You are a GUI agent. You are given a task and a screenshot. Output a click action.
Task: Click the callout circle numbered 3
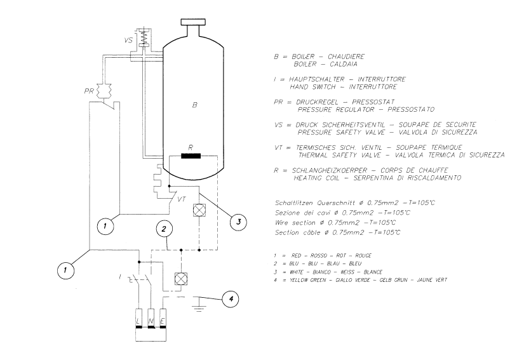239,222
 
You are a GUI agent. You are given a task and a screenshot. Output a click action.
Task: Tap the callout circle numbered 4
231,299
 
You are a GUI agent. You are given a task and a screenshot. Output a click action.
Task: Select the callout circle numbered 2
164,229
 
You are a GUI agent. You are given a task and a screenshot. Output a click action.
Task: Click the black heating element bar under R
191,156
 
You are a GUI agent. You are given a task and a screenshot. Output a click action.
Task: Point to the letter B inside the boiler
194,105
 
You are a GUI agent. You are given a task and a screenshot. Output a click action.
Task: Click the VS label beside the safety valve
128,41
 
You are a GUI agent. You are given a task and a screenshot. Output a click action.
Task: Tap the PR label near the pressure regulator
89,91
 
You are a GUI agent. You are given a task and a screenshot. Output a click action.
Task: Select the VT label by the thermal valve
182,199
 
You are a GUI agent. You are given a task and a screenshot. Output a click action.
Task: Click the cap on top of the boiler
194,22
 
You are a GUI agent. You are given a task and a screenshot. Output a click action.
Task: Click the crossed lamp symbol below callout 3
199,210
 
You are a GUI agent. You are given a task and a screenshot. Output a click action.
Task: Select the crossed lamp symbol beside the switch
180,279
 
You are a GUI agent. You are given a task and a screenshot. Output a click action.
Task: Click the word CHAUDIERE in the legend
346,57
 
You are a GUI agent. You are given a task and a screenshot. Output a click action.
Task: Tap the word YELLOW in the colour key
299,280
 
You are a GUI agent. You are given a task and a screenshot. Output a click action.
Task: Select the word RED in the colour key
296,255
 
